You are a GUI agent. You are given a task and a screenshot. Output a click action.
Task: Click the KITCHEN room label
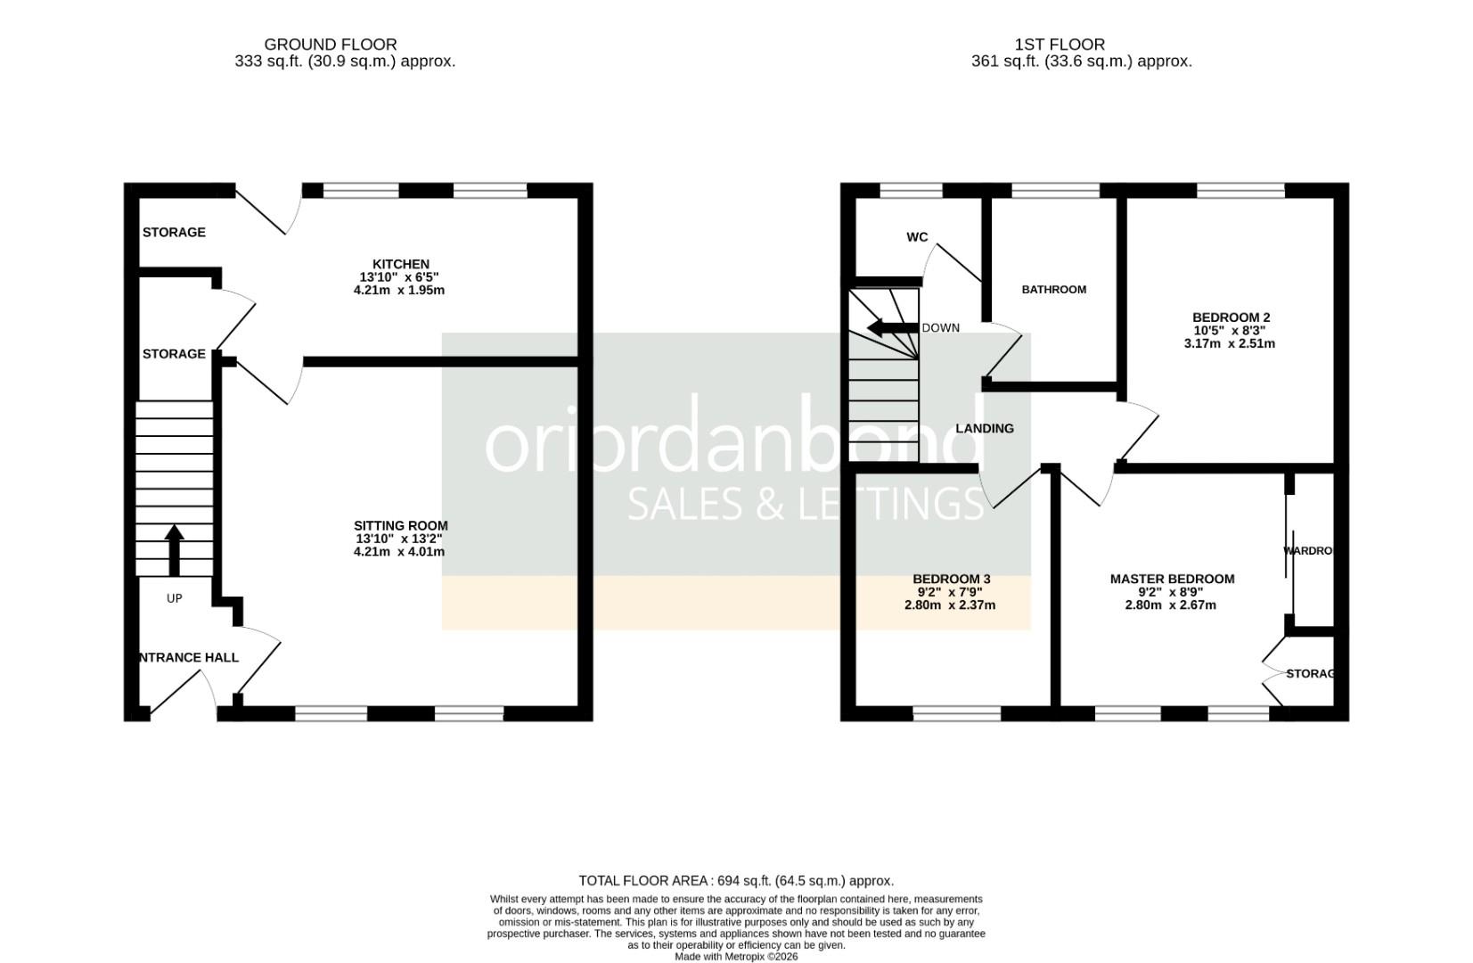click(x=400, y=264)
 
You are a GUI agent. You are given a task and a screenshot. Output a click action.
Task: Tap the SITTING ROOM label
click(x=400, y=526)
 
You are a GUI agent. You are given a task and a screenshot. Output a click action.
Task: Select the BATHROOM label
click(x=1053, y=290)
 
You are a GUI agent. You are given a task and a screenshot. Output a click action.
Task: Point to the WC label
click(x=917, y=237)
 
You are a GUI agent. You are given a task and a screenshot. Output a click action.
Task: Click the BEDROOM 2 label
click(x=1231, y=317)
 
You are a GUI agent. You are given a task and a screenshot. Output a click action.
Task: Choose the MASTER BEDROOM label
click(x=1172, y=580)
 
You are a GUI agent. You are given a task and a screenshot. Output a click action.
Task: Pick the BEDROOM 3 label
click(x=951, y=580)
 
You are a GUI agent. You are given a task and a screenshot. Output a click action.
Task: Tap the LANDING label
click(x=985, y=429)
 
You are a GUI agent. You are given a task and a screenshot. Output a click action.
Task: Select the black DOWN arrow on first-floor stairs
click(x=892, y=328)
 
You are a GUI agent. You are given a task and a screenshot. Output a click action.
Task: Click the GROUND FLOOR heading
click(x=330, y=45)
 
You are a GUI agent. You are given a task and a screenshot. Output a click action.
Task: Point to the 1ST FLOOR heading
click(x=1060, y=45)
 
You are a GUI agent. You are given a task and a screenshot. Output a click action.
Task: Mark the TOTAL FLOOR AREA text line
click(x=736, y=881)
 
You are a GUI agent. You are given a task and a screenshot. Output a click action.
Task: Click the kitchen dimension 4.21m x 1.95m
click(x=398, y=291)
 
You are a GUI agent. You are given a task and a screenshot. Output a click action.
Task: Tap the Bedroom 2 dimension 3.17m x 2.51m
click(x=1229, y=343)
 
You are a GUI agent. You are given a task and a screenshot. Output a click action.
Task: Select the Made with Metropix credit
click(x=736, y=957)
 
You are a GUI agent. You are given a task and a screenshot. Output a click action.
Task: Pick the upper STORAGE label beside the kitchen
click(x=174, y=233)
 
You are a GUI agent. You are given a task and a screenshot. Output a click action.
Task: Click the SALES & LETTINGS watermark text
click(x=806, y=505)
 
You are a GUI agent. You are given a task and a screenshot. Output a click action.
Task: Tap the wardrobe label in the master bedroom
click(x=1307, y=551)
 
